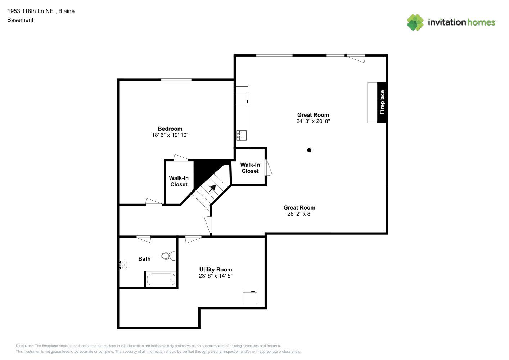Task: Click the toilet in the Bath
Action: coord(168,256)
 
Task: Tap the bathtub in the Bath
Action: coord(161,279)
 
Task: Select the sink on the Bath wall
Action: coord(123,265)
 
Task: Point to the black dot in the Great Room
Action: coord(309,150)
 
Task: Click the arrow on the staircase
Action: coord(212,188)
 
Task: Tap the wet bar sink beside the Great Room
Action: coord(241,135)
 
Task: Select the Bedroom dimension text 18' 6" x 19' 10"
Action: coord(170,135)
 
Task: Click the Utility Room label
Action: coord(216,270)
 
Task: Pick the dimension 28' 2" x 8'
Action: coord(299,213)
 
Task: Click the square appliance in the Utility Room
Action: coord(250,298)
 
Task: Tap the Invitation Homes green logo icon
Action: coord(415,22)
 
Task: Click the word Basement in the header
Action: coord(20,20)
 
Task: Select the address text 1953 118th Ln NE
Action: coord(31,11)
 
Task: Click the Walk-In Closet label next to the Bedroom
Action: coord(179,181)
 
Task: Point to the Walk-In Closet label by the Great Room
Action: coord(250,168)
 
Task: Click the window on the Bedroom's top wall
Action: coord(176,80)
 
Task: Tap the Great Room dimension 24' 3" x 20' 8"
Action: coord(313,121)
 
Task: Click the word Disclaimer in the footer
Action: coord(25,346)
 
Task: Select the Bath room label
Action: coord(144,259)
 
